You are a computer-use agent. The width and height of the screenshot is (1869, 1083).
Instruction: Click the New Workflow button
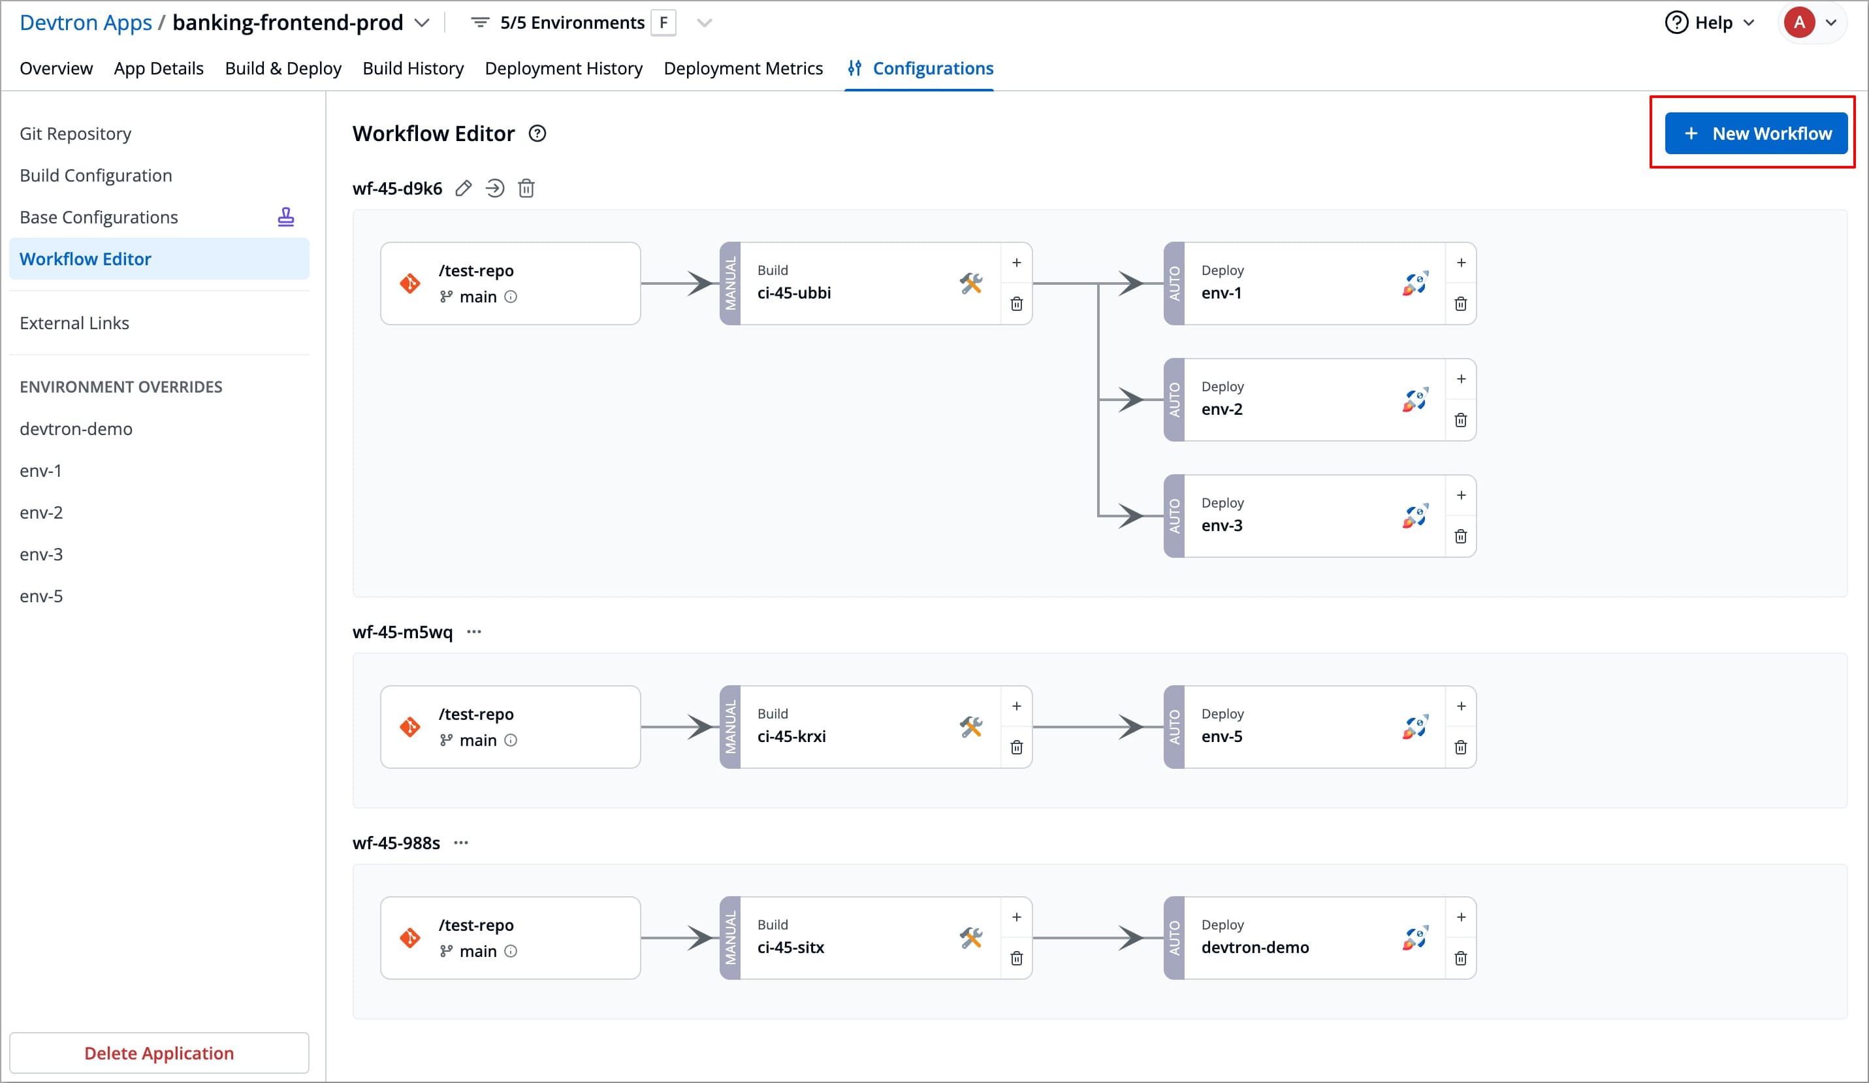click(1755, 133)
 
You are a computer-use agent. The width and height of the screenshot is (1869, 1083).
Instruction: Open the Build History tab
click(413, 68)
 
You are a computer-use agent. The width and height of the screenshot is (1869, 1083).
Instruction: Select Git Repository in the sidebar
click(75, 133)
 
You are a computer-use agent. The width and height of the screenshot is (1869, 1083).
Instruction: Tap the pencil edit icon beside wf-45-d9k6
click(464, 188)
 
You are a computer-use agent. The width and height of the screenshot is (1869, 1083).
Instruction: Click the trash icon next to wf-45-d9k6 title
click(526, 188)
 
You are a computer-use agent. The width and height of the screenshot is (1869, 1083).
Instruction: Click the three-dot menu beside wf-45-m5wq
click(474, 632)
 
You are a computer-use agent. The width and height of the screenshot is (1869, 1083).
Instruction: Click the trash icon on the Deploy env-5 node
click(1460, 748)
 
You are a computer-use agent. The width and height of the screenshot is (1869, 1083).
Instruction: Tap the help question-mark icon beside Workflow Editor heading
click(537, 133)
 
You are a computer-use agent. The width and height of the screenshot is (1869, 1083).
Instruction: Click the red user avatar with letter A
click(1799, 23)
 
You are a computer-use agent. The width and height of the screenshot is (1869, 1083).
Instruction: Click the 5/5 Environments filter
click(571, 23)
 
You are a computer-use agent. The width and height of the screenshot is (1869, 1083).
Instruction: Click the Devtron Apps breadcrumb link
click(86, 23)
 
